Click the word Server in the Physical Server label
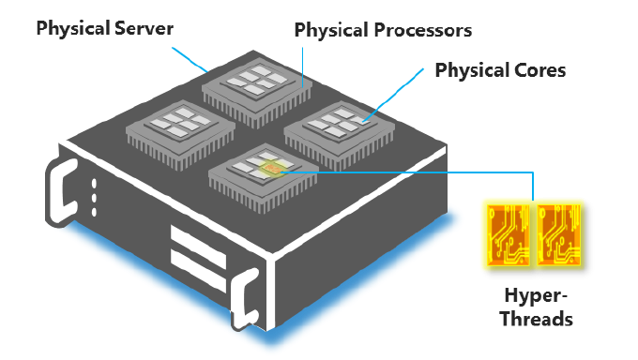point(144,28)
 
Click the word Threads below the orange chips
point(537,318)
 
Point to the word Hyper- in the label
point(536,296)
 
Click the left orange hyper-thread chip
point(509,234)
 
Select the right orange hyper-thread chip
point(558,234)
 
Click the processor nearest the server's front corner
point(264,177)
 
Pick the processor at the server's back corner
point(257,92)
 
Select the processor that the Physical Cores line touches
point(340,134)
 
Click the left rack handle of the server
point(61,192)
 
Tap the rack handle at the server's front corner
point(246,299)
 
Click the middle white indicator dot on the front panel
point(94,198)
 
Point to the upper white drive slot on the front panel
point(198,247)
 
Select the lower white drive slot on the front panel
point(198,270)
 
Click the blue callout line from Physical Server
point(190,60)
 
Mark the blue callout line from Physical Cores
point(394,95)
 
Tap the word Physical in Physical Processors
point(332,30)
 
